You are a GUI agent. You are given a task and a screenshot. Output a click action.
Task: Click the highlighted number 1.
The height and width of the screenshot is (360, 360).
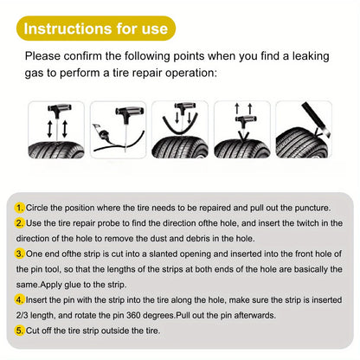(20, 208)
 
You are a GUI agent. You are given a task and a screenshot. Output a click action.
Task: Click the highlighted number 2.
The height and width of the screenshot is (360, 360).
(20, 223)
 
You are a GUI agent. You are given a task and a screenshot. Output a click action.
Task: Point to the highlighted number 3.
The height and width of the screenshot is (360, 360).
(20, 254)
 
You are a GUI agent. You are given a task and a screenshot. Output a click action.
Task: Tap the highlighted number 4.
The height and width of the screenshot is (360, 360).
(20, 299)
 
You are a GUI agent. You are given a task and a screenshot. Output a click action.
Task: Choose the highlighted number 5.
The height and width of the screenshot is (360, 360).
(20, 330)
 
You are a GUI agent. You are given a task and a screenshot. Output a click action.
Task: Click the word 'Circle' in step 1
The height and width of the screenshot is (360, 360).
(38, 208)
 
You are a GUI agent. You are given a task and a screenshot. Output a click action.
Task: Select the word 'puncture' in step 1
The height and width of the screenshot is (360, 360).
(311, 208)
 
